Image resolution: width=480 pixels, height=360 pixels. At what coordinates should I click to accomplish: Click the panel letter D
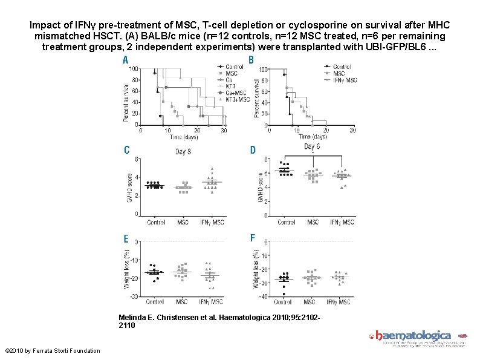[x=253, y=149]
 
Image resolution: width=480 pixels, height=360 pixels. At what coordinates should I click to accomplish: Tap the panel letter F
[x=252, y=238]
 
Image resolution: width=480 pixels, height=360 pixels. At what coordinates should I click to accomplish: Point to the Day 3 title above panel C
[x=184, y=151]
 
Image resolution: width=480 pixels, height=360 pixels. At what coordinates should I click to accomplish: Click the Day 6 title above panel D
[x=312, y=147]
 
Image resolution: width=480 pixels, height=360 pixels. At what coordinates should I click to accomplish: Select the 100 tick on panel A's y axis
[x=133, y=69]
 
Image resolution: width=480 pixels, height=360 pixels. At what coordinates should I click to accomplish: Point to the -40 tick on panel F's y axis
[x=261, y=296]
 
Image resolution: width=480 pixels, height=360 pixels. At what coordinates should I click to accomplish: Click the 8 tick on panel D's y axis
[x=265, y=160]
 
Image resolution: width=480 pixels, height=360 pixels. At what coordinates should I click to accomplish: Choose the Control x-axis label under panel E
[x=155, y=301]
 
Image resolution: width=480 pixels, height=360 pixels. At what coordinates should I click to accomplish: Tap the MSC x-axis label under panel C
[x=183, y=222]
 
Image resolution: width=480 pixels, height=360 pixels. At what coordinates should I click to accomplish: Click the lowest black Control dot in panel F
[x=284, y=295]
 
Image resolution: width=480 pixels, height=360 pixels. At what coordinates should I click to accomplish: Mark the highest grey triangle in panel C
[x=212, y=169]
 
